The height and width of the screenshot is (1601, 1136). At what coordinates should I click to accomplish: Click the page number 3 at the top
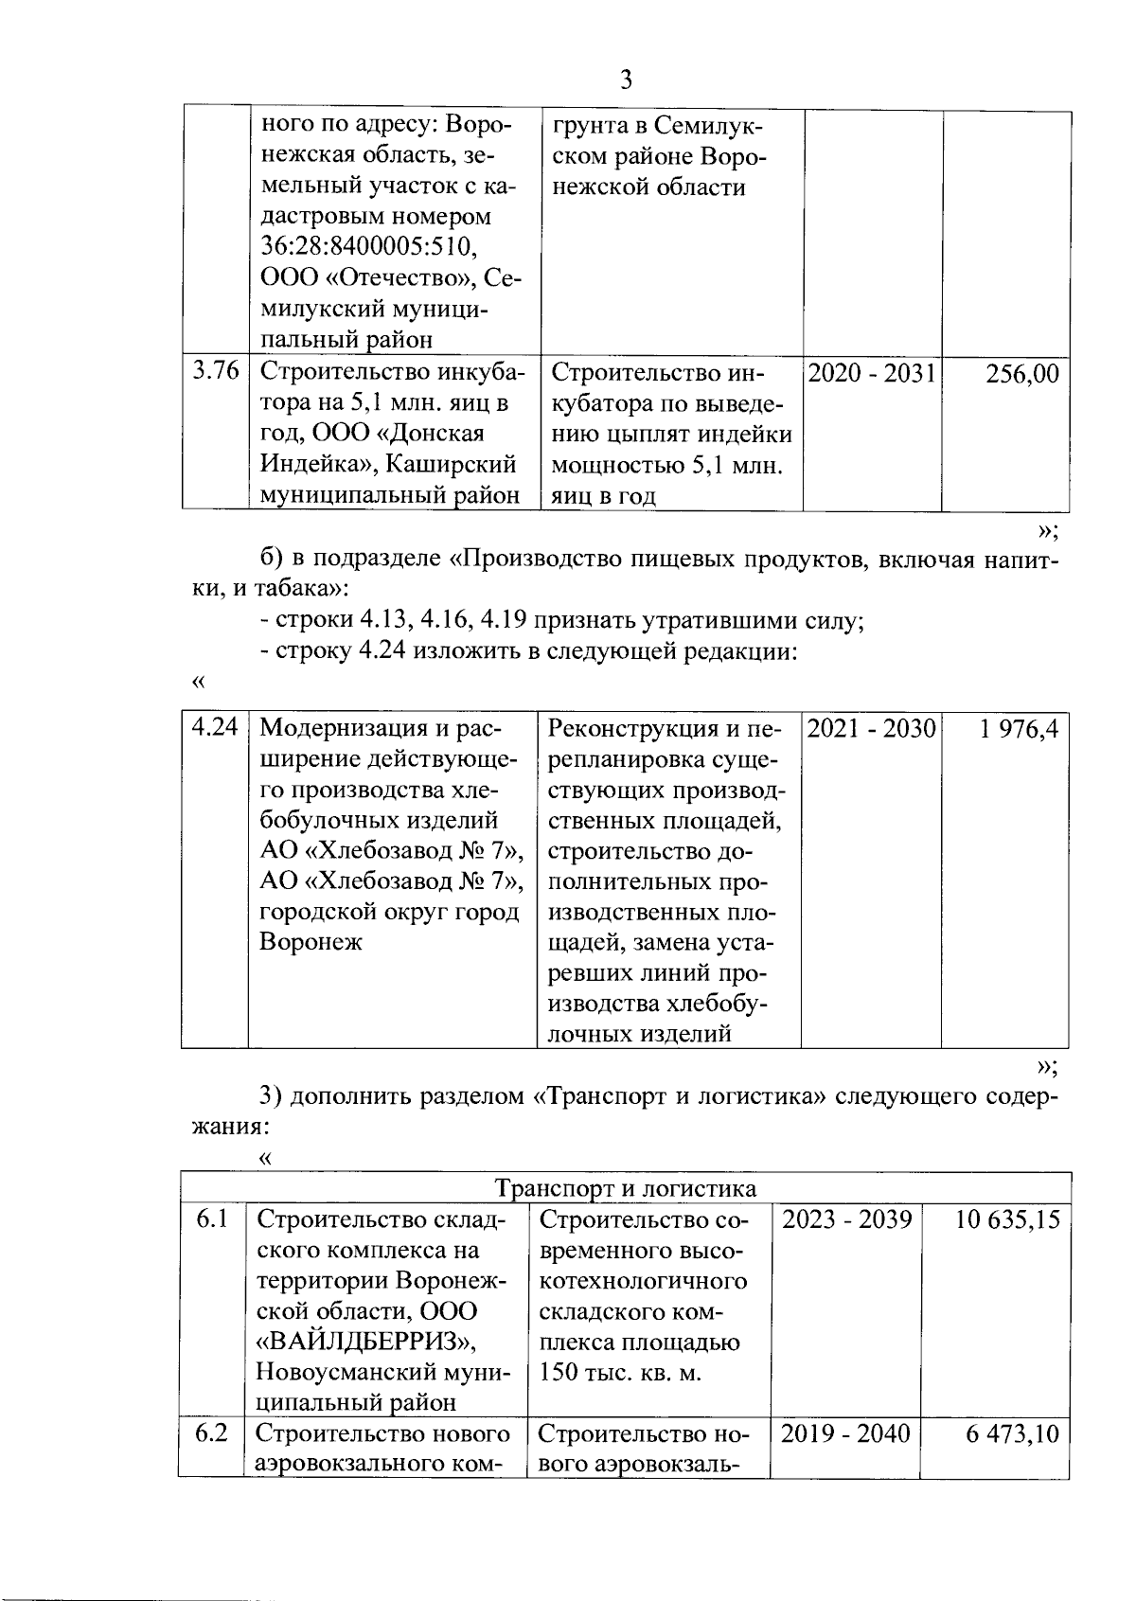point(625,80)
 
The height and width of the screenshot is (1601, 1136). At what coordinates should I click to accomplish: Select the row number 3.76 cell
point(215,372)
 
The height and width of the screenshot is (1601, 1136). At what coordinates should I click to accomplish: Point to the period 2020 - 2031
point(871,374)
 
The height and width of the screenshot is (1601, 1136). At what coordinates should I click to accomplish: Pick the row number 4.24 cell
point(215,728)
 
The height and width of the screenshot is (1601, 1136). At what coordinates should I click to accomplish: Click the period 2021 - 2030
point(871,729)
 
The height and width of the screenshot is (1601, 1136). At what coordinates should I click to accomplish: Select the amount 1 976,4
point(1019,729)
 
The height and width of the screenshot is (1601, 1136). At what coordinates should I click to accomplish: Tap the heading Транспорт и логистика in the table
point(626,1189)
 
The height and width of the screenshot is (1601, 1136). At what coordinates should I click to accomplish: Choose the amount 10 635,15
point(1006,1219)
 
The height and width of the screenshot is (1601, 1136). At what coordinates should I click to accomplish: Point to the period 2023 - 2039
point(846,1219)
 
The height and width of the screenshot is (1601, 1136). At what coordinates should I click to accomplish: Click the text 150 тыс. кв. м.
point(620,1373)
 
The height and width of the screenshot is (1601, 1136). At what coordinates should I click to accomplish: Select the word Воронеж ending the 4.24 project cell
point(311,943)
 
